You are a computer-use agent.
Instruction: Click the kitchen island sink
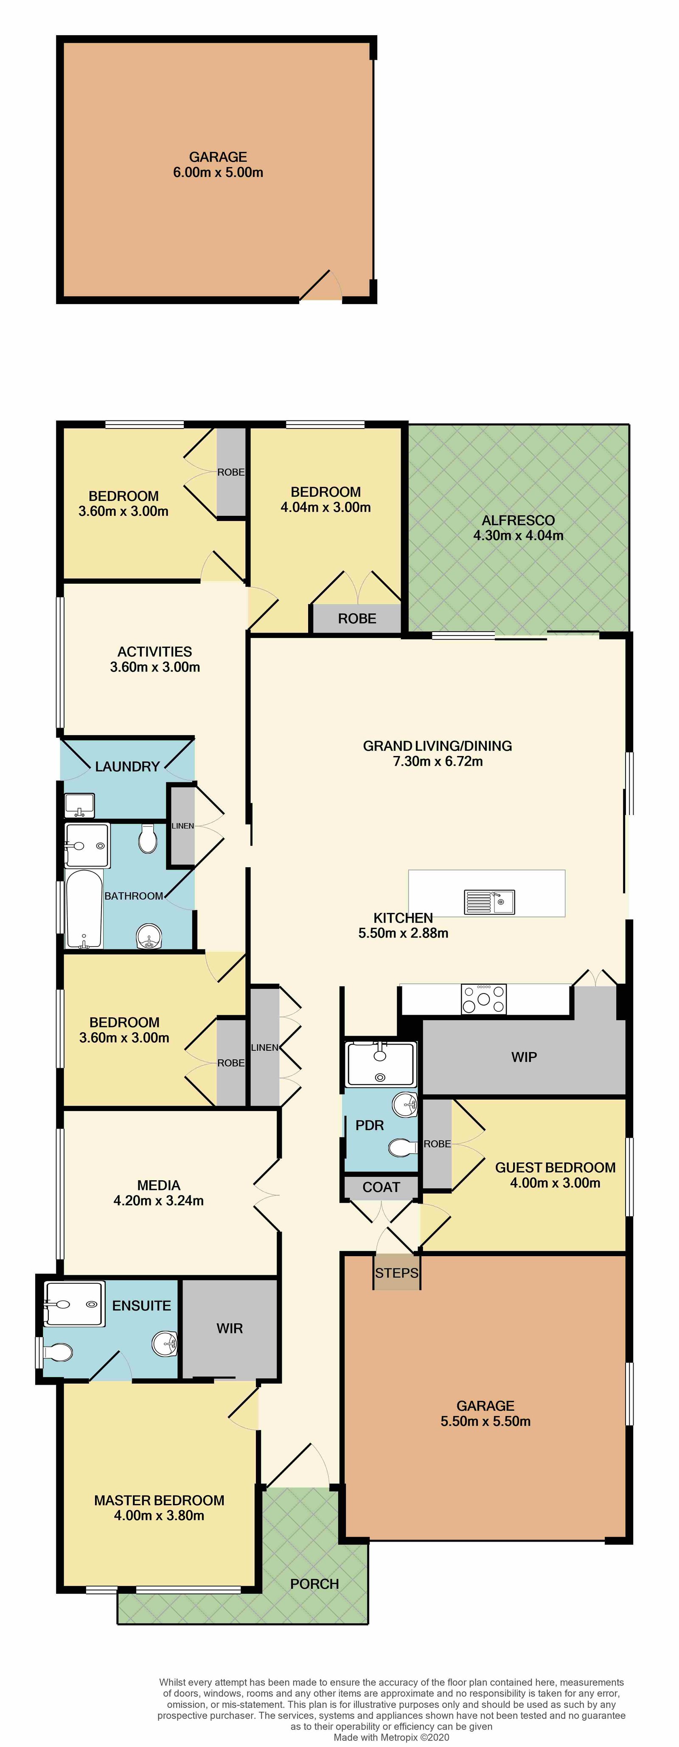point(489,901)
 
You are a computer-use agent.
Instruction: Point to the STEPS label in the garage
point(397,1273)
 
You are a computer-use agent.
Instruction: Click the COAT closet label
point(381,1187)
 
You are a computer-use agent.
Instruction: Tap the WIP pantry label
point(524,1057)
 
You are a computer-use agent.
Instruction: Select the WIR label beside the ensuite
point(229,1328)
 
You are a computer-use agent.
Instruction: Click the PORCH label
point(314,1584)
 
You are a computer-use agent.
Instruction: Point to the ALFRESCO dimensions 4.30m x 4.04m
point(518,535)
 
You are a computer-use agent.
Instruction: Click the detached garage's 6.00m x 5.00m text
point(218,172)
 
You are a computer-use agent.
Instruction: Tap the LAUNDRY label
point(127,766)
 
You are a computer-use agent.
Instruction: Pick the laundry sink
point(79,806)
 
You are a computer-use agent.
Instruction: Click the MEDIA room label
point(159,1185)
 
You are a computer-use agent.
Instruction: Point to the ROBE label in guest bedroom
point(438,1143)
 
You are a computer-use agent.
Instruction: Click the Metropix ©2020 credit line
point(391,1737)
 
